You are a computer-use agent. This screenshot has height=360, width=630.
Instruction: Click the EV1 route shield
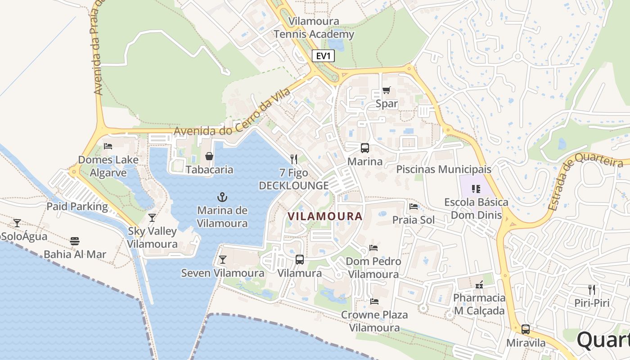point(323,56)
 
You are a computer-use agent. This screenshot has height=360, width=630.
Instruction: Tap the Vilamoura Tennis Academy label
point(314,28)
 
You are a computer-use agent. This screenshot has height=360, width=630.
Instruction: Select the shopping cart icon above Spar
point(387,90)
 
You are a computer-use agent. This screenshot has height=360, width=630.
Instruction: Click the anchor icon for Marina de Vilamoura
point(222,197)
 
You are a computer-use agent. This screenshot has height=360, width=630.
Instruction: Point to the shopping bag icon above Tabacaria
point(209,156)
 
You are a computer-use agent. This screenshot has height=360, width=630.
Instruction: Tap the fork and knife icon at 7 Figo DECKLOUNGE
point(294,159)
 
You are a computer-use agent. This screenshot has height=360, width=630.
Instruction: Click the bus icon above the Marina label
point(364,148)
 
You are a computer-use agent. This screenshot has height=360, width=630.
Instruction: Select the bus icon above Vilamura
point(299,260)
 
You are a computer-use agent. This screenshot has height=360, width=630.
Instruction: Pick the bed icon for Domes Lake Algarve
point(108,146)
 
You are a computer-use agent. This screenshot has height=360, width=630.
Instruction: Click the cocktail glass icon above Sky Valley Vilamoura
point(152,218)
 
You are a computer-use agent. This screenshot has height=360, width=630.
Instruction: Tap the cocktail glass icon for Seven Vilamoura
point(222,260)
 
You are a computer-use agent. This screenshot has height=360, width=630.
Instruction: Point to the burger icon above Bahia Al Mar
point(75,242)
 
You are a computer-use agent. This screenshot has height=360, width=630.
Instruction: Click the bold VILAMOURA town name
point(325,216)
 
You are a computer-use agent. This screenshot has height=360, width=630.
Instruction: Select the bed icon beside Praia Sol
point(414,207)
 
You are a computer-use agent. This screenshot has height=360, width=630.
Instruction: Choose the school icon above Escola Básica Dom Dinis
point(476,189)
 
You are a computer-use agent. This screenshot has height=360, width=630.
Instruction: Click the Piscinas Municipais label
point(444,170)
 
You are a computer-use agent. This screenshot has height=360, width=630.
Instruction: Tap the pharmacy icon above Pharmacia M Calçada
point(479,285)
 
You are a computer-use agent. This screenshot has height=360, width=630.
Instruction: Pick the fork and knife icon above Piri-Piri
point(592,290)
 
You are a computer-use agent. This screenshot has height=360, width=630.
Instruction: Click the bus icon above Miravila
point(526,329)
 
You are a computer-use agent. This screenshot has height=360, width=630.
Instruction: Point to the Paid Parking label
point(77,207)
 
